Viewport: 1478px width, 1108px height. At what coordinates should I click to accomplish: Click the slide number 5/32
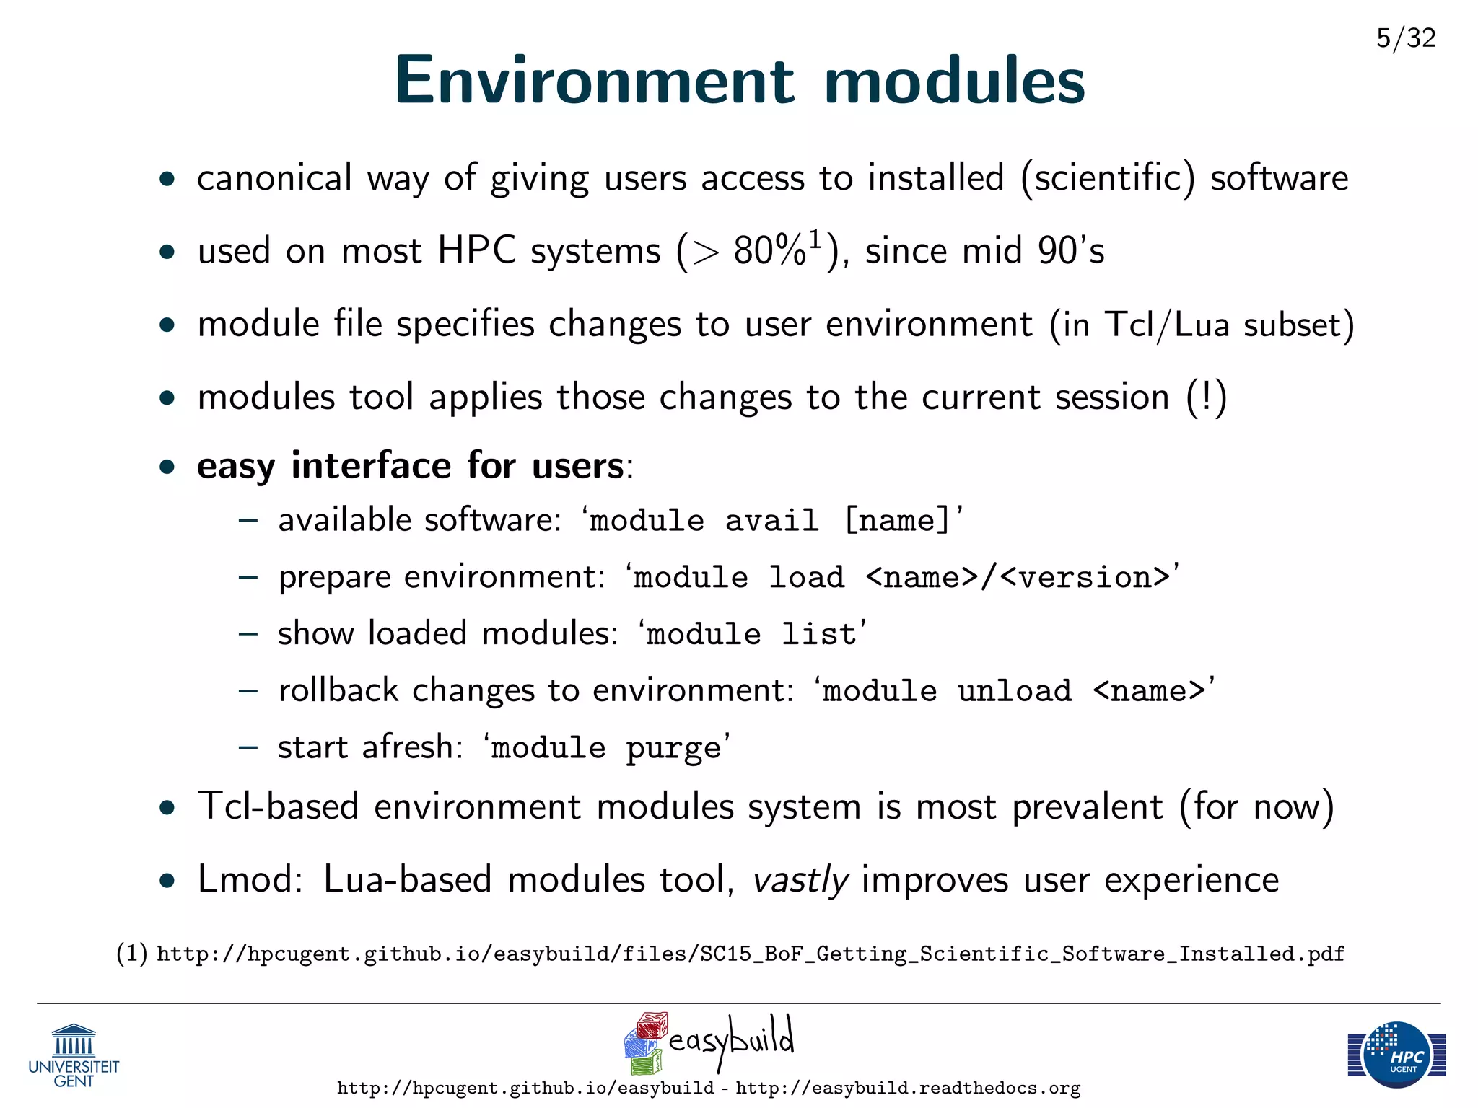(1405, 38)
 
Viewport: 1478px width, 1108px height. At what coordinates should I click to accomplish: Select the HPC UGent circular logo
(1397, 1054)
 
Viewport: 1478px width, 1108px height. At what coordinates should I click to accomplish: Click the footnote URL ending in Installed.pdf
(751, 954)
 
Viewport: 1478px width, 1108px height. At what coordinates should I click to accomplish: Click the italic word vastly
(800, 880)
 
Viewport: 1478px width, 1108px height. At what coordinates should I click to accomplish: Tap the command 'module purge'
(606, 748)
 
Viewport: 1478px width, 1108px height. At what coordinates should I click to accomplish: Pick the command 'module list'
(751, 634)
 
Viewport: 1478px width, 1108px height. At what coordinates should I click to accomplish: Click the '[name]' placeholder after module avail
(898, 521)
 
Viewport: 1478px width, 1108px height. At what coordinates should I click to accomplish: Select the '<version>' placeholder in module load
(1085, 578)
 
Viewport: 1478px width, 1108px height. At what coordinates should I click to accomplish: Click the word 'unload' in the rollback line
(1014, 691)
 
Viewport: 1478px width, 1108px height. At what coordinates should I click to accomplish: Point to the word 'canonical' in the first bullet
(274, 178)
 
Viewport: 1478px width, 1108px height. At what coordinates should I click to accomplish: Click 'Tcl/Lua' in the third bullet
(1167, 325)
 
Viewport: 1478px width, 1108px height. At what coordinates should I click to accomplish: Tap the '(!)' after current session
(1207, 397)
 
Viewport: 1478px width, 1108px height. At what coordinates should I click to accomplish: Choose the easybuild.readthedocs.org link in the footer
(908, 1089)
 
